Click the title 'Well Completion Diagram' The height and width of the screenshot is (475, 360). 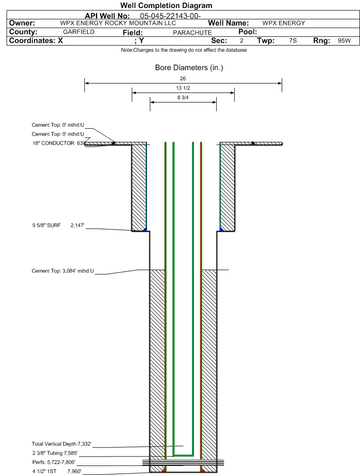(x=166, y=5)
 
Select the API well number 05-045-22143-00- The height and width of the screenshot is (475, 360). (x=170, y=16)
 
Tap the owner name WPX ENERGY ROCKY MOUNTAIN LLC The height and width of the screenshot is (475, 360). (x=118, y=23)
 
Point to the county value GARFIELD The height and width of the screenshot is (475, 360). (x=79, y=32)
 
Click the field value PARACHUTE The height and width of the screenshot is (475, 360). (x=192, y=33)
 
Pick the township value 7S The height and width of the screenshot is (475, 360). (x=293, y=41)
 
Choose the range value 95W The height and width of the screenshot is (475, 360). (x=344, y=41)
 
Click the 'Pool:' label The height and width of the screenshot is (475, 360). (x=248, y=32)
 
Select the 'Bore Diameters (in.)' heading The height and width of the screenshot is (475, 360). (x=189, y=67)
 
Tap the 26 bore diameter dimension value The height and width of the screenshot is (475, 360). (x=183, y=78)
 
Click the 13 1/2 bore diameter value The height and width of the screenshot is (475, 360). (x=183, y=88)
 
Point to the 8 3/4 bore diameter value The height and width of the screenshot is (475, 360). (x=183, y=98)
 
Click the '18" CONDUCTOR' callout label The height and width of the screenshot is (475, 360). (x=53, y=143)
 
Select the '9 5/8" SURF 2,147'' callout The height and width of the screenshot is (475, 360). (x=58, y=225)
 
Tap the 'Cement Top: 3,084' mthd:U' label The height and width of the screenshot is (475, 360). (x=63, y=271)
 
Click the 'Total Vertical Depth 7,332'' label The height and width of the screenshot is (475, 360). (x=62, y=444)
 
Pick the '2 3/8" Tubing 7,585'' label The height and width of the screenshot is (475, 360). (x=55, y=453)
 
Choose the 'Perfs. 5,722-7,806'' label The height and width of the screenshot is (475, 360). (x=54, y=462)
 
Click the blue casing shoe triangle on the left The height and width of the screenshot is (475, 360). (x=145, y=229)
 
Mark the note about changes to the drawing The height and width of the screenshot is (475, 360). (x=184, y=50)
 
